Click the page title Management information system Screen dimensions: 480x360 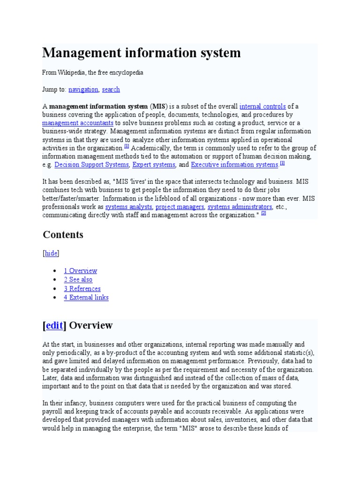click(142, 53)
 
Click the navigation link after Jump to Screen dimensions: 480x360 click(83, 90)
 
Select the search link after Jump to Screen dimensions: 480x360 click(111, 90)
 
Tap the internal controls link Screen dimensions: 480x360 click(262, 106)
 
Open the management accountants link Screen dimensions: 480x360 click(78, 123)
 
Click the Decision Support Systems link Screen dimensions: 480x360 click(91, 165)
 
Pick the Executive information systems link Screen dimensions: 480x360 click(234, 165)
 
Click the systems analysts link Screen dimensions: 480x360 click(128, 207)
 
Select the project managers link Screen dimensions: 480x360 click(180, 207)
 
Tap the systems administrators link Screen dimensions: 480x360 click(240, 207)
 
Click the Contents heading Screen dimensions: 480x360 click(63, 234)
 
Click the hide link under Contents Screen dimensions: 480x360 click(51, 253)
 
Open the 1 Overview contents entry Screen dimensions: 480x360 click(81, 270)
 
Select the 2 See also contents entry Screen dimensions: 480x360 click(78, 279)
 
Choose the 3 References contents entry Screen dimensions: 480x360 click(82, 289)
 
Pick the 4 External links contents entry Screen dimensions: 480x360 click(86, 298)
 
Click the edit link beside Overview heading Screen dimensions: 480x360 click(54, 325)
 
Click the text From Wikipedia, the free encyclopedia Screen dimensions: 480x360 click(93, 73)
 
